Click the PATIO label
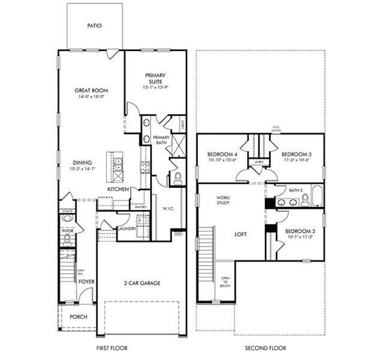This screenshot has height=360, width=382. (x=94, y=26)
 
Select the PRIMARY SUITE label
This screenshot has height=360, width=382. (x=154, y=79)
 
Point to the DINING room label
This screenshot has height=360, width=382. (x=82, y=162)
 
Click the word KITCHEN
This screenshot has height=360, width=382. (x=118, y=190)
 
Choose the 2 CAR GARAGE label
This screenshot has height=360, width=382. (x=142, y=283)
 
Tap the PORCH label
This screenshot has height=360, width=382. (x=78, y=317)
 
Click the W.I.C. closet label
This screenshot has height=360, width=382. (x=168, y=209)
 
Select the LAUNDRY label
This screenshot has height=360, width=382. (x=127, y=229)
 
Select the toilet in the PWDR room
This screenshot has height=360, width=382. (x=67, y=241)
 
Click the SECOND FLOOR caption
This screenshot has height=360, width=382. (x=265, y=348)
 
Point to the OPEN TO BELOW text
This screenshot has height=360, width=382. (x=225, y=283)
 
